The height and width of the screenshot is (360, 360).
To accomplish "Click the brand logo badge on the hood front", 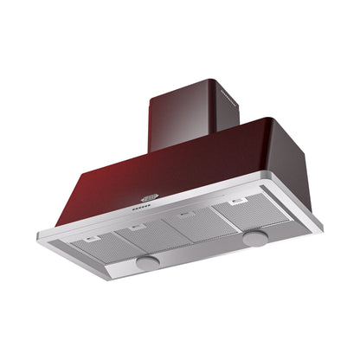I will [x=150, y=198].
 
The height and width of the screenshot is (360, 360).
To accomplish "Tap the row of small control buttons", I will [x=141, y=208].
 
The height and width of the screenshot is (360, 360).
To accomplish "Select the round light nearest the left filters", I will [x=148, y=259].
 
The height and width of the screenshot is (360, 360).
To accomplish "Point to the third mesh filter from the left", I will [x=194, y=227].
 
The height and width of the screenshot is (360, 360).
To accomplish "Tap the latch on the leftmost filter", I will [x=88, y=238].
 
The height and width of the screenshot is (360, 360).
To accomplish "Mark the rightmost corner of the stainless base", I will [x=323, y=230].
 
